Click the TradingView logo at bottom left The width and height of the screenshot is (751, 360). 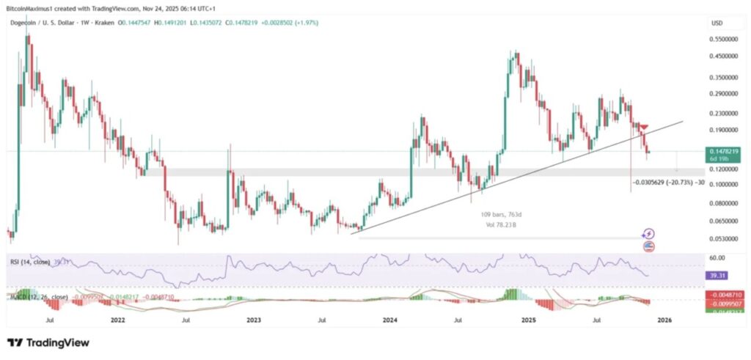click(48, 342)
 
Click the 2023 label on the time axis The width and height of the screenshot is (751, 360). click(254, 320)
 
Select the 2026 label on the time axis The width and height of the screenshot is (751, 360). click(664, 320)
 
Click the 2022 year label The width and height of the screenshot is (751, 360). click(117, 320)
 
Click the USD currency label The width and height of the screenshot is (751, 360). click(717, 23)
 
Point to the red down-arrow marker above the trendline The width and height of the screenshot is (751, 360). click(643, 128)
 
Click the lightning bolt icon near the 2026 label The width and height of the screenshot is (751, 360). click(648, 234)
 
